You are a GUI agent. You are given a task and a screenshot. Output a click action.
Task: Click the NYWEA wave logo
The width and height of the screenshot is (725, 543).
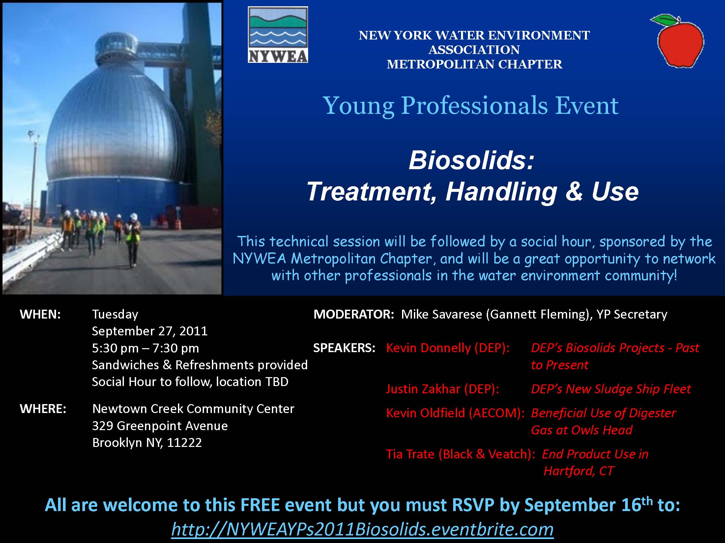278,35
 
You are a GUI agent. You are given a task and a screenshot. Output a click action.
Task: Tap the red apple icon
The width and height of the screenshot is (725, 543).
677,41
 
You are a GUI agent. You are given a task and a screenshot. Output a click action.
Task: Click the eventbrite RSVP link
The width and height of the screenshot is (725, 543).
362,529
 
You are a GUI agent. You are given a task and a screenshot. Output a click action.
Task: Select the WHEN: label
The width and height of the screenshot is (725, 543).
40,314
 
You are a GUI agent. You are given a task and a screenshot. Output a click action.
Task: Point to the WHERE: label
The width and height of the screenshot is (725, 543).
43,409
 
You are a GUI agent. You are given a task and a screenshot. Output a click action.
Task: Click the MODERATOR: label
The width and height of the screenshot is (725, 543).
354,314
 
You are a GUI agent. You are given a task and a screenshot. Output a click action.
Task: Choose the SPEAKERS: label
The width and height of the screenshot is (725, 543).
344,348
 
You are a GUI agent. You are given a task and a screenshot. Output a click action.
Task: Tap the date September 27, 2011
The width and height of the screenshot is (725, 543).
150,331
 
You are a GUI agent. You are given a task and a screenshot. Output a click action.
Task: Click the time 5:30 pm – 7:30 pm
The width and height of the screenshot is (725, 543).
145,348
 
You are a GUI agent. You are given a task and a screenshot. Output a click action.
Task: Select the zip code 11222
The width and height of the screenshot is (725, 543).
184,443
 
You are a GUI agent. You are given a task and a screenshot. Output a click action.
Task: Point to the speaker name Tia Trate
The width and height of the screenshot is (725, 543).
410,454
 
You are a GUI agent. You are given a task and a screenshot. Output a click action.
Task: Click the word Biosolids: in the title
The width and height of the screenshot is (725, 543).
471,160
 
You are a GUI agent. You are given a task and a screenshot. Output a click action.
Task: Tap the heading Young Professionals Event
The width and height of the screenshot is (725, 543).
471,106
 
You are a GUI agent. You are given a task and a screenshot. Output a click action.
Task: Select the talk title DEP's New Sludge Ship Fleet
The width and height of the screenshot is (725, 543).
611,389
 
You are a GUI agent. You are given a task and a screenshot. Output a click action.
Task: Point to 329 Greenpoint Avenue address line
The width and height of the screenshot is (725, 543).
160,426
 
